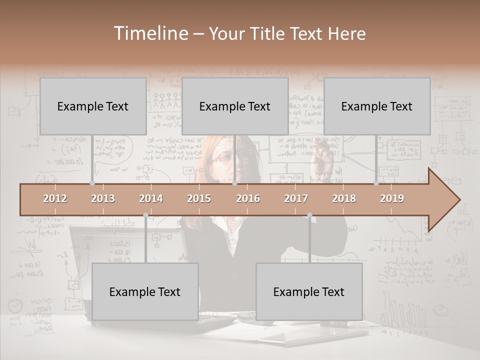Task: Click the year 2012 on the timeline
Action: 55,198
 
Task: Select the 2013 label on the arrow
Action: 103,198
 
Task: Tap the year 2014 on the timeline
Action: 151,198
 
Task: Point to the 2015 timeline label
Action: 199,198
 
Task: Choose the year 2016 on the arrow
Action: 248,198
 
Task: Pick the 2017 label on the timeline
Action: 296,198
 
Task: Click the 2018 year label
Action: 344,198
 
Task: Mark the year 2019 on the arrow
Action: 392,198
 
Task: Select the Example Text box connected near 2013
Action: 93,106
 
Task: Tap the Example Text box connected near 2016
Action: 235,106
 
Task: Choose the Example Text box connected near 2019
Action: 377,106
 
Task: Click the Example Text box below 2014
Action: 145,291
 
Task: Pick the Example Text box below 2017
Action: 309,291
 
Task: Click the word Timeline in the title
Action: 150,33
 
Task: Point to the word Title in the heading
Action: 268,33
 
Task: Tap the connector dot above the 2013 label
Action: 92,183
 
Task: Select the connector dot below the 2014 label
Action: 145,215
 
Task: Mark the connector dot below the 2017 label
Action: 309,215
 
